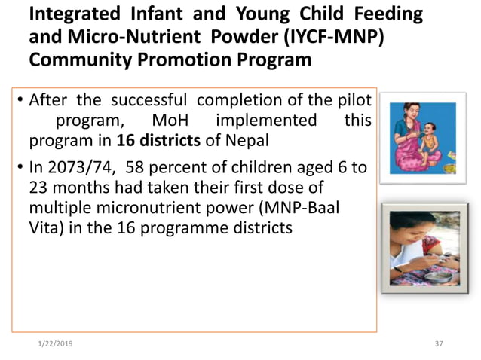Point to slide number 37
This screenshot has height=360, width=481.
440,343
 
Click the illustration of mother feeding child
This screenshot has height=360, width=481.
418,139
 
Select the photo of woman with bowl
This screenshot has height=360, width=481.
418,250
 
